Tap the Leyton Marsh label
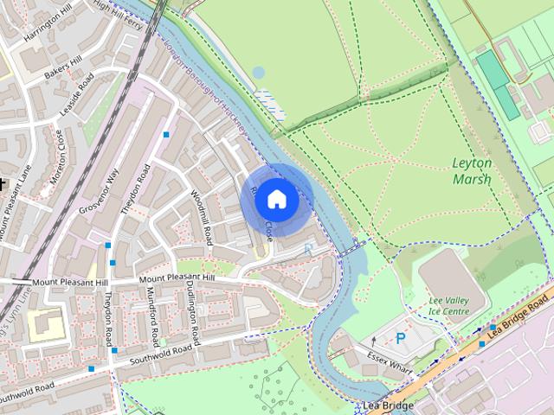click(472, 171)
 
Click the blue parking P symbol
click(400, 339)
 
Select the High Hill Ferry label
click(119, 8)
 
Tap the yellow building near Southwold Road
click(45, 325)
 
